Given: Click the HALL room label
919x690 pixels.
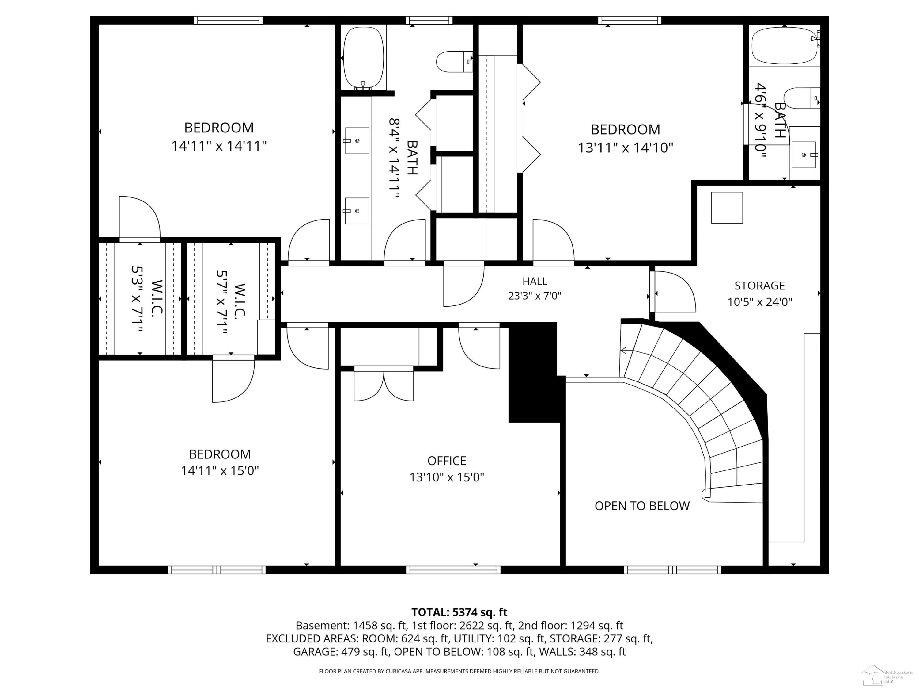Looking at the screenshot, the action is pos(535,282).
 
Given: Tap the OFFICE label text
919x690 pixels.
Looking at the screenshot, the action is pos(447,461).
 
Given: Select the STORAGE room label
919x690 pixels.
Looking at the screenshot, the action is pos(759,286).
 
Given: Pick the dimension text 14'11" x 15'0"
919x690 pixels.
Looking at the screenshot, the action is pos(220,471).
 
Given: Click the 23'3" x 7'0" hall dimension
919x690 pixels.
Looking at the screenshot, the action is pos(535,296).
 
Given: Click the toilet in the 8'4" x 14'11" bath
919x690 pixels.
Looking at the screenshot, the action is pos(455,62).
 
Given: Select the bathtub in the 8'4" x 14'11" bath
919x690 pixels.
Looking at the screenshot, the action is pos(364,58).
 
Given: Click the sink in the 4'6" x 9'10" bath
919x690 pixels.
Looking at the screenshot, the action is pos(804,155).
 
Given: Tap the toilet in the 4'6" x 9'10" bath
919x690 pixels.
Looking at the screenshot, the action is pos(802,98).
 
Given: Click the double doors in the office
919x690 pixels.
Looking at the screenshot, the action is pos(384,385).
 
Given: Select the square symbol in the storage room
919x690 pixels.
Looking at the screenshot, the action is pos(727,208).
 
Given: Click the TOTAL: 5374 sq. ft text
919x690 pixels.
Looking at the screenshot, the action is pos(459,612).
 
